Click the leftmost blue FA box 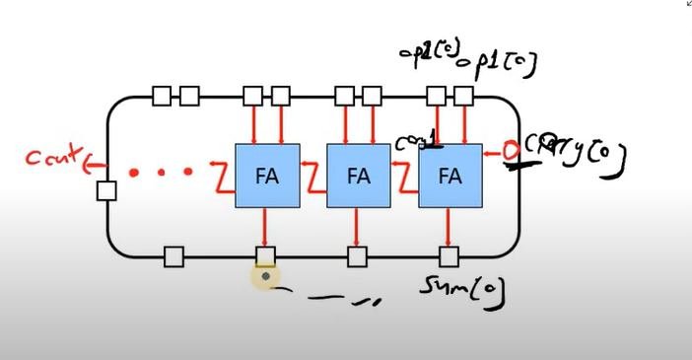click(x=266, y=176)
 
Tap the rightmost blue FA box click(x=450, y=176)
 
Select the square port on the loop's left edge click(x=106, y=190)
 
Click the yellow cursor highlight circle click(x=265, y=277)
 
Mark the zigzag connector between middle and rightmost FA click(x=404, y=177)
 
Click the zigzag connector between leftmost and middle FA click(x=312, y=177)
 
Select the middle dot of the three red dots click(x=162, y=173)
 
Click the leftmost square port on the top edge click(x=162, y=96)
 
